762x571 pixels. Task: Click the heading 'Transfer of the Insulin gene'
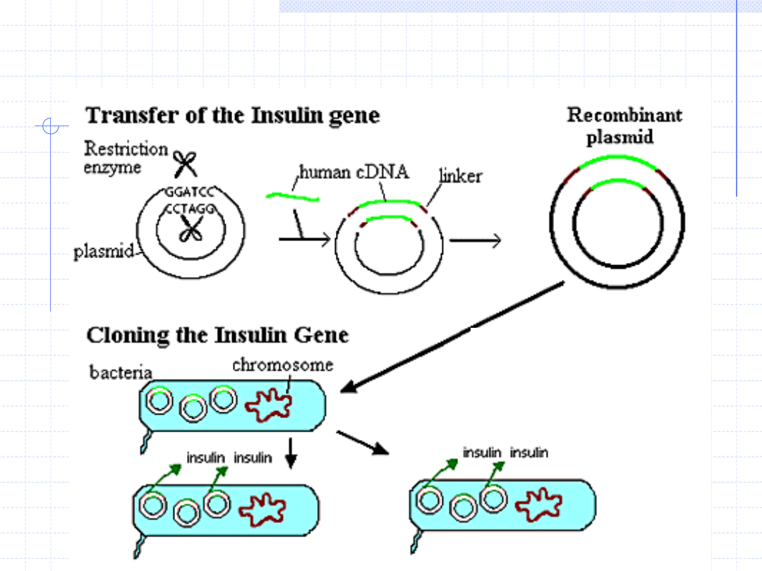(232, 116)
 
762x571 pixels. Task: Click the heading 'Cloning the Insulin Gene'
(217, 335)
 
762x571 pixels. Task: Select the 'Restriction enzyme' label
(126, 158)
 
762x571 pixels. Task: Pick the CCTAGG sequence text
(190, 209)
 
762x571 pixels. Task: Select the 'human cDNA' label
(354, 172)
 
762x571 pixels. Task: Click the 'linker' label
(461, 176)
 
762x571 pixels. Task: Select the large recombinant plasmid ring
(617, 227)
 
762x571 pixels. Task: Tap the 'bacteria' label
(121, 372)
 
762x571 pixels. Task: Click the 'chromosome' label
(282, 365)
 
